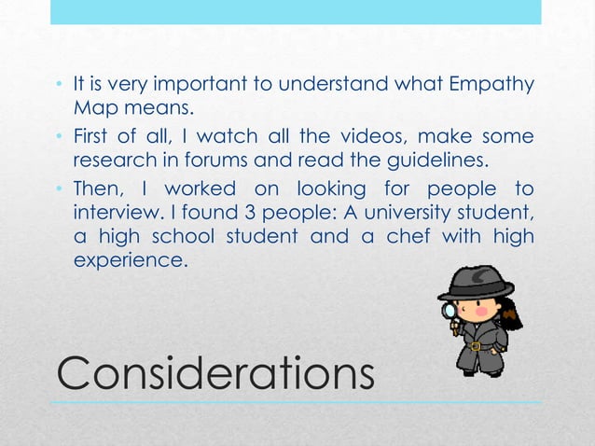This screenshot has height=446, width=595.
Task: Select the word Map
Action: click(90, 107)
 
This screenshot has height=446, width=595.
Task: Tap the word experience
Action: click(129, 260)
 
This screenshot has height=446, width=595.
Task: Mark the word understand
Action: click(328, 85)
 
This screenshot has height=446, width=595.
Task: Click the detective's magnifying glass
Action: click(450, 310)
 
